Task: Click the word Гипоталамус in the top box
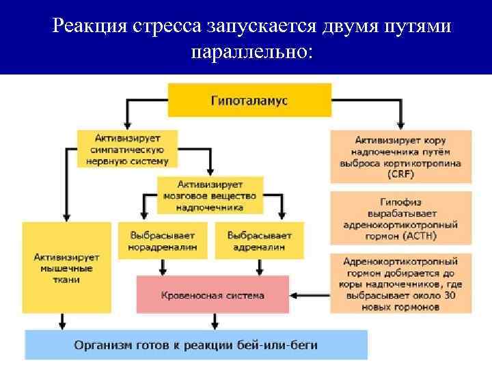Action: [249, 100]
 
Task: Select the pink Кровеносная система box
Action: [213, 295]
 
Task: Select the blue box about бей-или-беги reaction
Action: [196, 344]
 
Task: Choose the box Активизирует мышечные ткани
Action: [67, 268]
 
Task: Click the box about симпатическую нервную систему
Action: [127, 148]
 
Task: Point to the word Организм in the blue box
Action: [101, 344]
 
